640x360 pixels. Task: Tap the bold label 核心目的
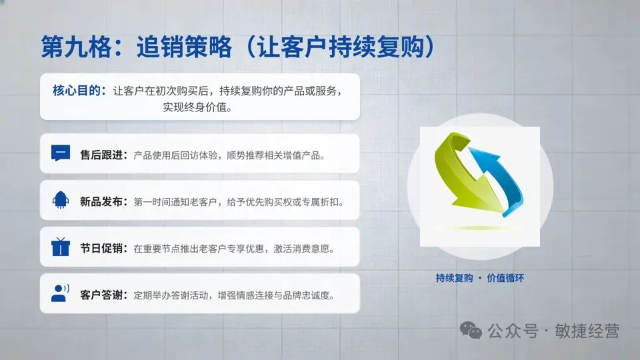coord(77,91)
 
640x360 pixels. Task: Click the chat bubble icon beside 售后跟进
coord(60,153)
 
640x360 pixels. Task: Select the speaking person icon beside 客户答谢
coord(60,293)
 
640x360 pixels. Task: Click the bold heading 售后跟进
coord(101,155)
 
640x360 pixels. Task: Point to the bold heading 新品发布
coord(101,201)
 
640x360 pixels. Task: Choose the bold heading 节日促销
coord(101,248)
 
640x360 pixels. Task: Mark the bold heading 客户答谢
coord(101,295)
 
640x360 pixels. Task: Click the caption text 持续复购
coord(454,278)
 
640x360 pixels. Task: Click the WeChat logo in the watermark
coord(473,331)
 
